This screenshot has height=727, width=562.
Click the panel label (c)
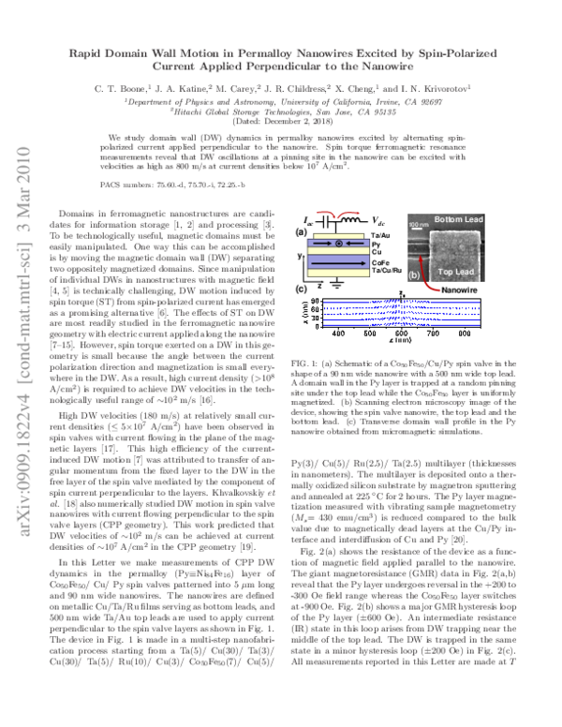pyautogui.click(x=301, y=316)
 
